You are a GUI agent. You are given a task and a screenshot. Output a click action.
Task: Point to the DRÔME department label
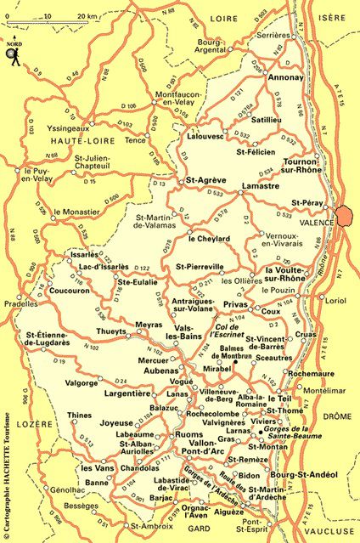click(330, 416)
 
